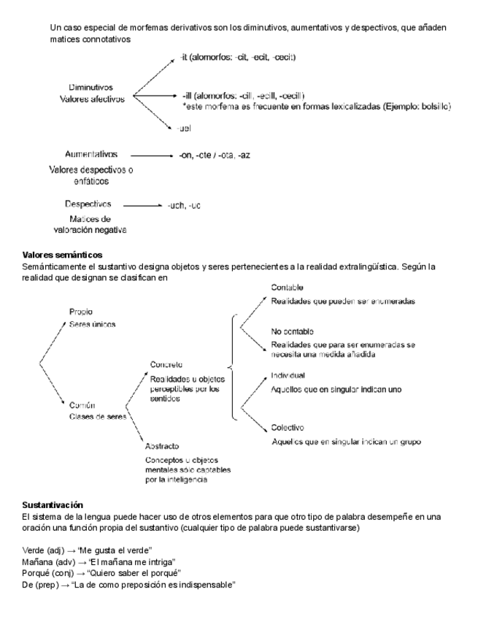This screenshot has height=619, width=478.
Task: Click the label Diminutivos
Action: click(x=90, y=88)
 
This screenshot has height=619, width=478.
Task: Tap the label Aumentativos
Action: click(x=91, y=155)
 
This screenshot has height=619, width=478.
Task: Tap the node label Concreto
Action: click(x=166, y=364)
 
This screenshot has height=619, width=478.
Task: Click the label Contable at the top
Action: click(x=287, y=288)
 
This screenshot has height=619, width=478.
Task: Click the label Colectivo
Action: click(x=288, y=427)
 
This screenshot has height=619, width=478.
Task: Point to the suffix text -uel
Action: click(x=184, y=128)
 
